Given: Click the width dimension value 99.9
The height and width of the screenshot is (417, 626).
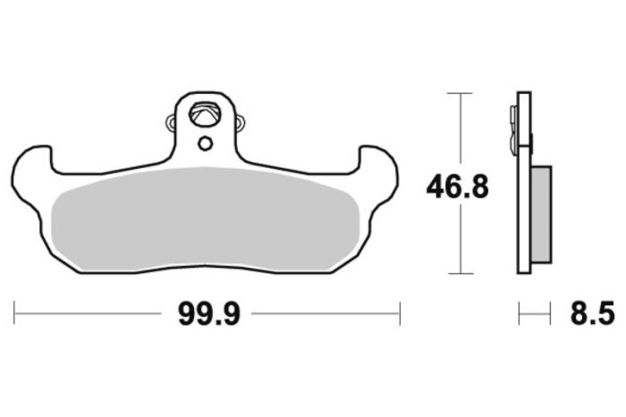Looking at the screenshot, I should tap(207, 314).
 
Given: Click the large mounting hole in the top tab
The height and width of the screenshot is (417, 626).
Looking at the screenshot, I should tap(205, 115).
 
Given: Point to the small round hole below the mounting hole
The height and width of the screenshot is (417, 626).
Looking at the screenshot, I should tap(205, 143).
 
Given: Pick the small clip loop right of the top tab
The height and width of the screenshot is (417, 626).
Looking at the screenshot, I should tap(239, 120).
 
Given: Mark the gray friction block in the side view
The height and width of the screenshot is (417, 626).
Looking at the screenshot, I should tap(541, 214).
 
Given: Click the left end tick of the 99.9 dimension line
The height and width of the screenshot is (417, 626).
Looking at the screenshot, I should tap(15, 314).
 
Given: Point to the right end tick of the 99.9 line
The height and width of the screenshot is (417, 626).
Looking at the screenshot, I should tap(400, 314).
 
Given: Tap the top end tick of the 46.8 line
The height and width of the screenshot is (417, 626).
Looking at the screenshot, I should tap(459, 92).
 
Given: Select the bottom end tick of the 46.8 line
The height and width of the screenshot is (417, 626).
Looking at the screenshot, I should tap(459, 273).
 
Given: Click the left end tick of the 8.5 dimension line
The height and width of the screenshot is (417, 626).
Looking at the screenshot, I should tap(520, 314).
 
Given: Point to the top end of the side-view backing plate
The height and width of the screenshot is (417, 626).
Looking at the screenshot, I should tap(524, 94).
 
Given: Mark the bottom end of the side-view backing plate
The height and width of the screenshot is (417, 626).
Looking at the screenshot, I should tap(524, 270).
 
